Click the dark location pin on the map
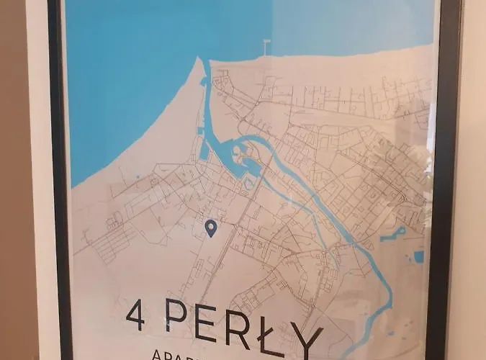pos(210,228)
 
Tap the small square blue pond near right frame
pos(418,256)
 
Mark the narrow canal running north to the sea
pos(208,101)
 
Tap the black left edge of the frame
pos(58,180)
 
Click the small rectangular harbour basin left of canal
pos(204,150)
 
